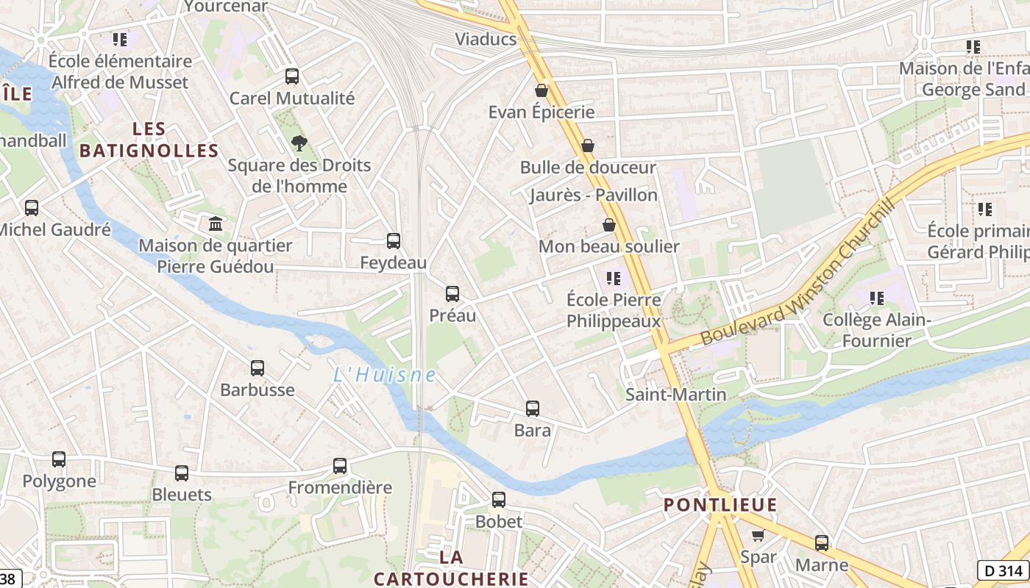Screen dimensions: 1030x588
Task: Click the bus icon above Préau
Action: pos(452,294)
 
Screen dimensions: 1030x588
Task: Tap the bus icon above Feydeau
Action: pos(394,240)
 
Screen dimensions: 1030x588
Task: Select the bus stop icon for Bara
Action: pos(533,409)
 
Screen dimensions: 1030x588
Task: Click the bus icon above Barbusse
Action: pos(257,368)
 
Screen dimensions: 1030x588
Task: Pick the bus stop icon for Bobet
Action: pos(499,500)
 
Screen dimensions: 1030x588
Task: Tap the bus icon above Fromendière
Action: pos(340,465)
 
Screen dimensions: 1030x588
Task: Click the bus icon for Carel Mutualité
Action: pos(292,76)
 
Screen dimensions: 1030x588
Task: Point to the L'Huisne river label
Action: pos(385,375)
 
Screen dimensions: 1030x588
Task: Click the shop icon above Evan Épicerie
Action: pos(541,90)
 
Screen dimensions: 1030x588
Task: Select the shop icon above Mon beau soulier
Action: pos(609,225)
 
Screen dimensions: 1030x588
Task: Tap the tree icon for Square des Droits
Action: pos(299,143)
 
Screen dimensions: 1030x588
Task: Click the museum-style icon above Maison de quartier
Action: pos(216,223)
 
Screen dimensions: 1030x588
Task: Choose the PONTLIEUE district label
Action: pos(720,505)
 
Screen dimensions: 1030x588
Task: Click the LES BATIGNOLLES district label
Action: pos(149,140)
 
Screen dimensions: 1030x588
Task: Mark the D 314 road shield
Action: pos(1004,570)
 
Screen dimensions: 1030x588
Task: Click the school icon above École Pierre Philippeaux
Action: pos(614,279)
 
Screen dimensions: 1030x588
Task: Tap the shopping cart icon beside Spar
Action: pos(758,535)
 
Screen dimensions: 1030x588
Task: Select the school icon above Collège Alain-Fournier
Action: pos(877,298)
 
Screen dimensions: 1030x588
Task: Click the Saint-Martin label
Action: pos(675,395)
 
